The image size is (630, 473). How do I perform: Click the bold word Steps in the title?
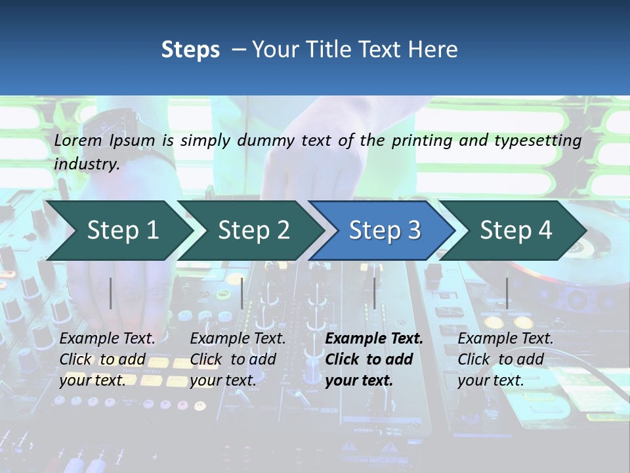tap(190, 50)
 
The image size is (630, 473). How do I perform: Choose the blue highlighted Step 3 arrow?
tap(385, 231)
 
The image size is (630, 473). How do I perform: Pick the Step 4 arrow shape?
tap(516, 231)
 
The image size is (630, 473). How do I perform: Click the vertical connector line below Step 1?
tap(111, 293)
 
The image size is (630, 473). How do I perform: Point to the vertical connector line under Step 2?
tap(242, 293)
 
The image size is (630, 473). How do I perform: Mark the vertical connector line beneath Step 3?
tap(374, 293)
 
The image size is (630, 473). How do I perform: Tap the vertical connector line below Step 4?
tap(507, 293)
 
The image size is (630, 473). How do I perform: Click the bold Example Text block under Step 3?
tap(373, 359)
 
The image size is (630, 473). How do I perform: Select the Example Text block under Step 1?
tap(107, 359)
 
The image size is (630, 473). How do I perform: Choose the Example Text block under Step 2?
tap(238, 359)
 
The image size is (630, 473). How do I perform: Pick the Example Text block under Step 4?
tap(505, 359)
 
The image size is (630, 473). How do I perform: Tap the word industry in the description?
tap(86, 164)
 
